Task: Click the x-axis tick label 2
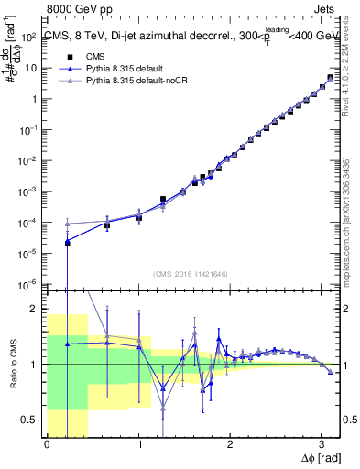tap(231, 445)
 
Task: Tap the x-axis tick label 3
tap(322, 445)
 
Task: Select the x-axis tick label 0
tap(47, 445)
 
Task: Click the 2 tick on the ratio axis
tap(38, 309)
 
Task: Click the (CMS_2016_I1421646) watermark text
tap(191, 274)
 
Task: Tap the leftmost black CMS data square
tap(67, 242)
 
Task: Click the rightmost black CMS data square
tap(330, 77)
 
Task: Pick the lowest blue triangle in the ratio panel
tap(163, 387)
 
